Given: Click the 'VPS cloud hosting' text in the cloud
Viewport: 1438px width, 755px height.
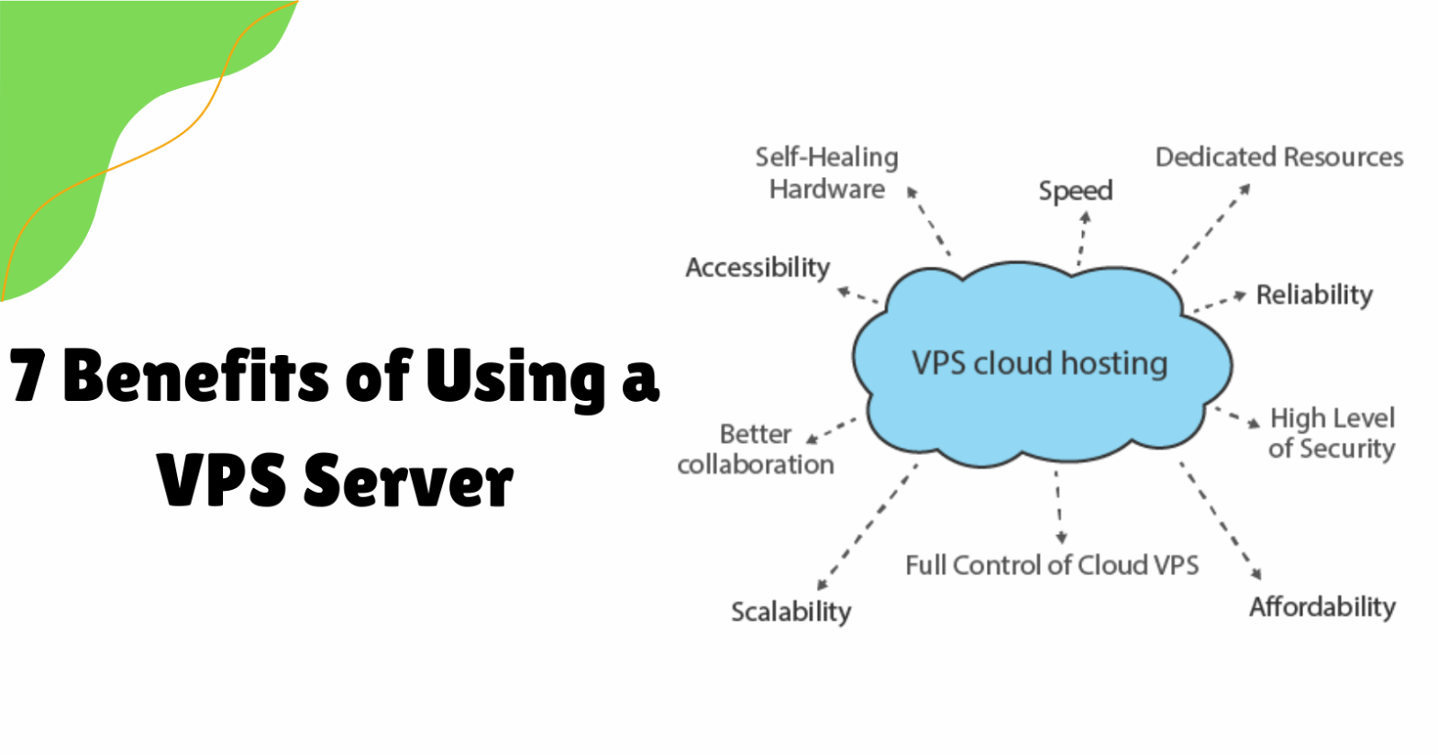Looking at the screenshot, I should click(1039, 363).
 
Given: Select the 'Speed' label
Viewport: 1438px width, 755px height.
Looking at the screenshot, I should click(1075, 191).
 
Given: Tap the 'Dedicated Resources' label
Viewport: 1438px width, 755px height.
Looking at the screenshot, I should click(1278, 157).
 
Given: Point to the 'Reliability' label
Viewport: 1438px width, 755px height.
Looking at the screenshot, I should click(1313, 294).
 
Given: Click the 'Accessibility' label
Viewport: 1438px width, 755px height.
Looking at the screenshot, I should click(758, 268).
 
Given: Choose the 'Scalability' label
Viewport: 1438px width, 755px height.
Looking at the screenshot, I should click(791, 611).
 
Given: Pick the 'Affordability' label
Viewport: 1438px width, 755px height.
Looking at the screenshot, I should click(1322, 606).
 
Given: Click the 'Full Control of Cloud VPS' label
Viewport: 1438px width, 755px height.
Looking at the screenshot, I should click(1051, 564).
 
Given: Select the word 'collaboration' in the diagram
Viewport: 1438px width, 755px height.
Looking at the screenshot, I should click(756, 464).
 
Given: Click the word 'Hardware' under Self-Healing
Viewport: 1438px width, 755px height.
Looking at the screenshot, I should click(826, 189).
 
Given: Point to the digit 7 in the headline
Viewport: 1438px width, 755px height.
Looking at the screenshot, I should click(28, 376).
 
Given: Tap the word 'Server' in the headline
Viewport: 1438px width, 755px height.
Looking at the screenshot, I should click(407, 481).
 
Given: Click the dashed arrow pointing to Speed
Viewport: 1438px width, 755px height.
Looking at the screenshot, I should click(1082, 239).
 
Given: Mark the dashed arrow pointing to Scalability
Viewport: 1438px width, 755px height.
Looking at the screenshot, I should click(867, 527).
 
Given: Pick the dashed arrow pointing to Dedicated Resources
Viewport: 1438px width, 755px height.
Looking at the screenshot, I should click(1211, 228).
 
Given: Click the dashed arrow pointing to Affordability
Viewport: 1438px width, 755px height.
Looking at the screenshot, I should click(1220, 518).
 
